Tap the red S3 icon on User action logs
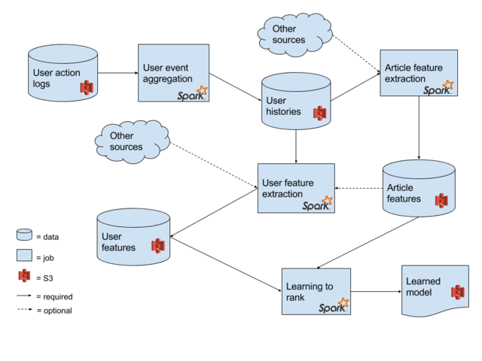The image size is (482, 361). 87,87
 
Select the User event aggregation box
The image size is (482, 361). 173,72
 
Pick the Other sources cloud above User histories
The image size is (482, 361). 294,34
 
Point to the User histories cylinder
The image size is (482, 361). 296,102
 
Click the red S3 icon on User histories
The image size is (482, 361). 320,113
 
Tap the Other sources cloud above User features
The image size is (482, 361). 131,141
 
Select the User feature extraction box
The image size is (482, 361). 296,188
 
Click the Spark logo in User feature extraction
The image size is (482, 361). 317,204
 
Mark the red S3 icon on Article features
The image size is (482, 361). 441,200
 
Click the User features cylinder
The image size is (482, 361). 133,238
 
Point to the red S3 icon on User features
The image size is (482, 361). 157,246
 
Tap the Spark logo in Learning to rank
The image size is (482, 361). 333,306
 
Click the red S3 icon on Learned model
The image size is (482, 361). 457,292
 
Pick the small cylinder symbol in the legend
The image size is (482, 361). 24,235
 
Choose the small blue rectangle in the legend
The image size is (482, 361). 24,255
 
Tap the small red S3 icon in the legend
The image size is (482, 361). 24,275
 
